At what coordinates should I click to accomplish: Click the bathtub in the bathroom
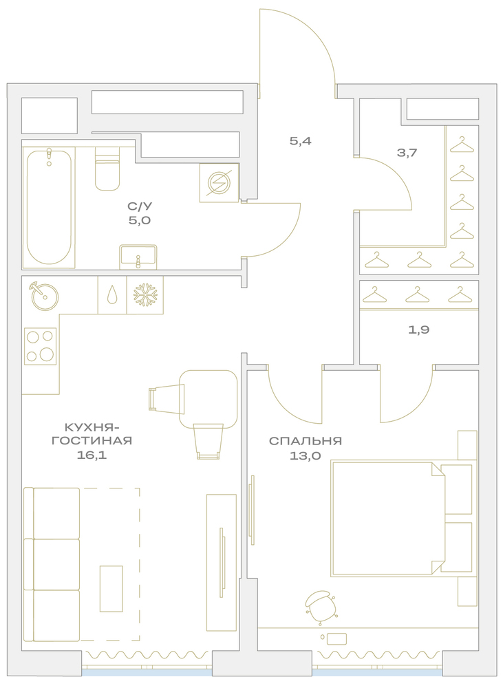click(49, 207)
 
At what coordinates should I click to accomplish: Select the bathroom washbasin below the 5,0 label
click(138, 257)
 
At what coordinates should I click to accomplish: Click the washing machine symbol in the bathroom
click(219, 183)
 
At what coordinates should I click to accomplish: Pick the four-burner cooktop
click(40, 346)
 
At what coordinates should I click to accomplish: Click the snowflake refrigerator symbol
click(145, 295)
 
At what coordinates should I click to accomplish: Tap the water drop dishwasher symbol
click(112, 295)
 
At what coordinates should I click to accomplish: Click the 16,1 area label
click(92, 455)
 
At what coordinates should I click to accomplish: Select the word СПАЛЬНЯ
click(306, 441)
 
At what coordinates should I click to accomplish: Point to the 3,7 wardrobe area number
click(407, 153)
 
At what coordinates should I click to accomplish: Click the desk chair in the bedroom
click(321, 606)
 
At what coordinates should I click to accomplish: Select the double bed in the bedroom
click(404, 518)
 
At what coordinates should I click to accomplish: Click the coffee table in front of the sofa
click(111, 588)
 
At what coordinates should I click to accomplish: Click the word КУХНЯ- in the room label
click(92, 427)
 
